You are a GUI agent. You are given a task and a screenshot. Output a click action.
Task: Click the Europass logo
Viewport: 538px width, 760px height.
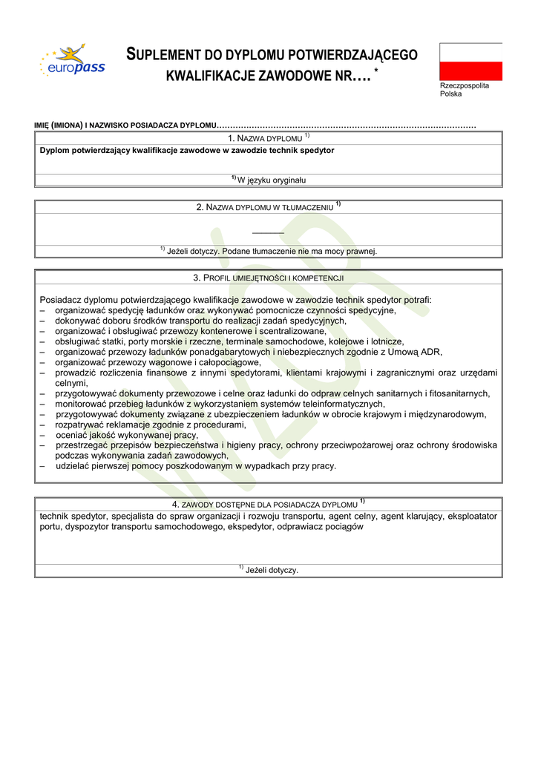point(73,62)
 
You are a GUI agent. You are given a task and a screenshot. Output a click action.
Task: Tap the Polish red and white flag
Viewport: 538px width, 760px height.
point(470,61)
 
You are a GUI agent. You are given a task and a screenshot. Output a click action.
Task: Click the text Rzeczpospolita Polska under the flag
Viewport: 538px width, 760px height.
point(464,90)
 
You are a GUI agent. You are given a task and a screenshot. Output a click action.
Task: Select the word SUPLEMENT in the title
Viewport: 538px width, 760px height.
point(170,55)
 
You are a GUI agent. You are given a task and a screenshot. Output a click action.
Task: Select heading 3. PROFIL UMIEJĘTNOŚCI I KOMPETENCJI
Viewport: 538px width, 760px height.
point(268,278)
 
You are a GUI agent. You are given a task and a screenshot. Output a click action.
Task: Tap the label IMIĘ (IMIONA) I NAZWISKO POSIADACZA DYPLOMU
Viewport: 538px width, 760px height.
point(126,125)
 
